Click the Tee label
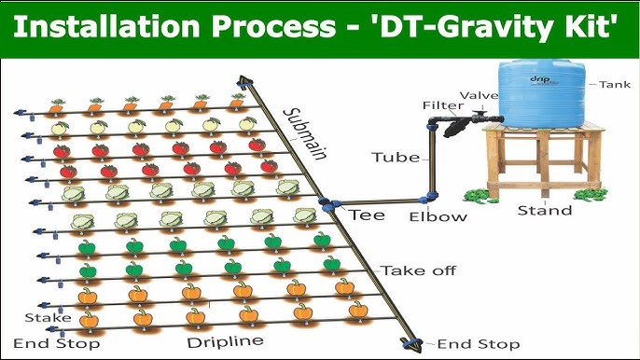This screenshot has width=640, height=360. point(367,215)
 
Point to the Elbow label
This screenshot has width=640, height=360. point(437,217)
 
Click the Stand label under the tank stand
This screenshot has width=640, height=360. point(545,211)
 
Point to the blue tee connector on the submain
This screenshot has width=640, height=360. point(327,206)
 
